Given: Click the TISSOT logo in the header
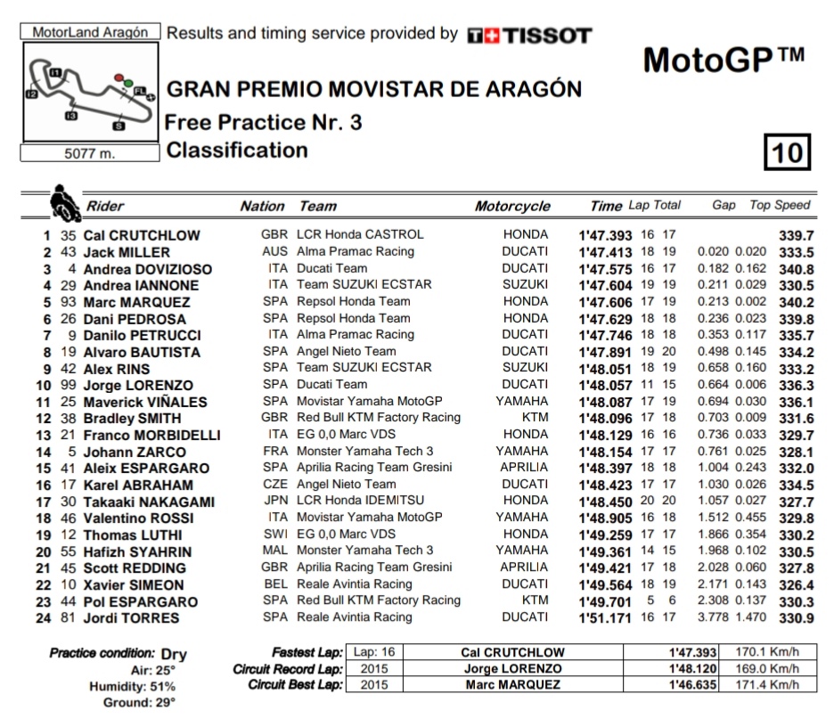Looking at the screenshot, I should click(529, 36).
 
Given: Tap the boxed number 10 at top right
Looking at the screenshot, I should click(788, 152).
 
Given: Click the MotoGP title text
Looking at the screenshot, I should click(723, 60).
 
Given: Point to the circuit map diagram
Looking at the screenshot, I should click(89, 94).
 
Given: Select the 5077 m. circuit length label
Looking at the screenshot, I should click(90, 153).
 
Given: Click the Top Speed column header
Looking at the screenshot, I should click(780, 205).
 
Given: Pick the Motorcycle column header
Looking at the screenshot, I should click(512, 206).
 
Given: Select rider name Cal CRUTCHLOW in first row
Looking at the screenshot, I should click(142, 236).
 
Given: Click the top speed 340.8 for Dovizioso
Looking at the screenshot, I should click(796, 269).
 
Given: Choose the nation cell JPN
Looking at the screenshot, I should click(275, 502).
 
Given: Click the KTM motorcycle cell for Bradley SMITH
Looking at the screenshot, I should click(535, 418).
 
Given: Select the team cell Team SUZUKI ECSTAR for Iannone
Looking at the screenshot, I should click(364, 285).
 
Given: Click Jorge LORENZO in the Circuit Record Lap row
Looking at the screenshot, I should click(512, 669).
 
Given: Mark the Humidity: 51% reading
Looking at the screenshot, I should click(132, 687).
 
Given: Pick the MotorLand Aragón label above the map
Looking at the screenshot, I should click(90, 32).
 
